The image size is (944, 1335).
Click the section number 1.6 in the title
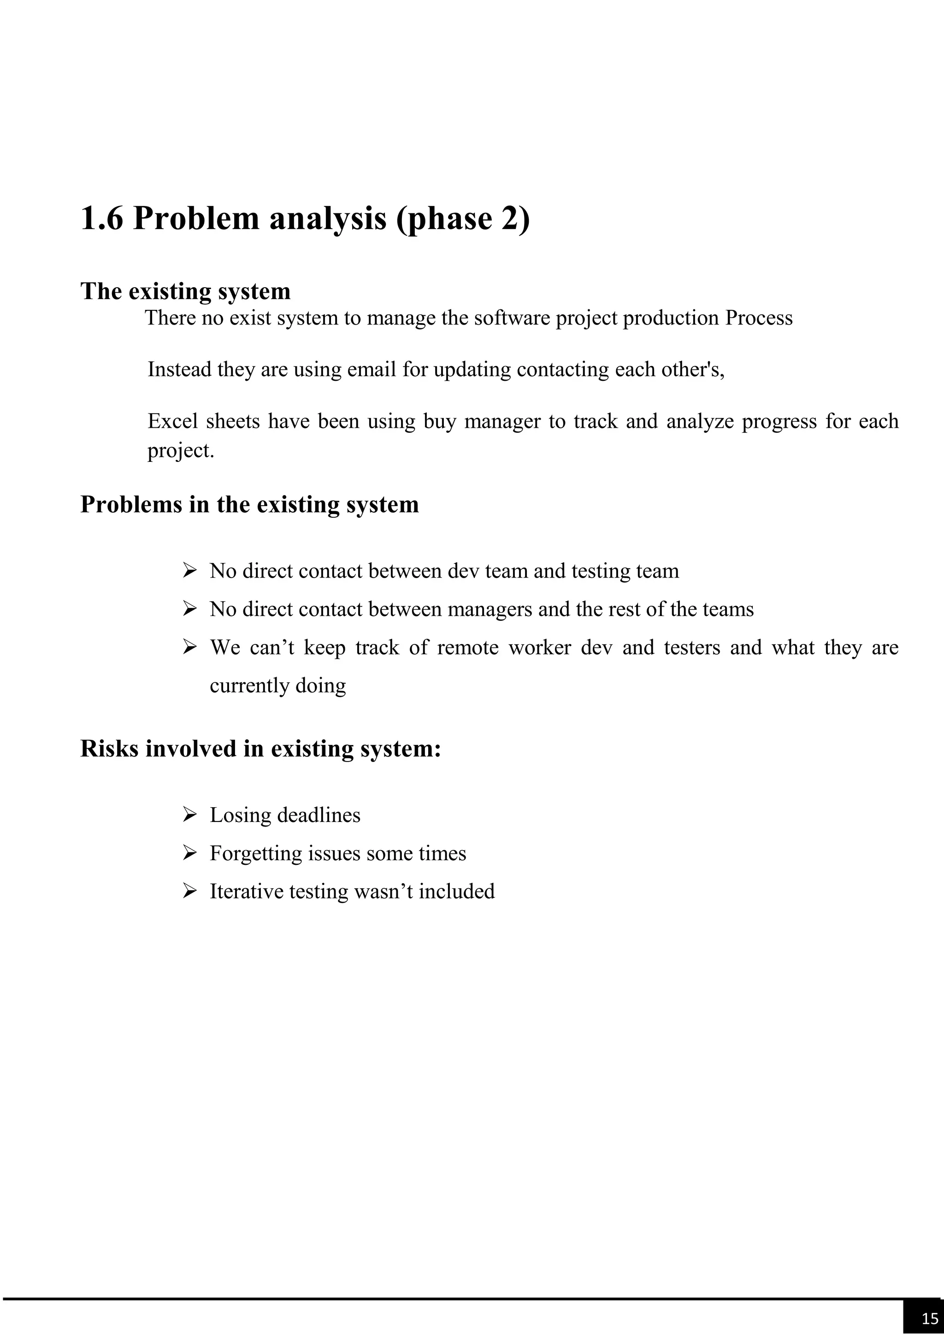click(x=102, y=219)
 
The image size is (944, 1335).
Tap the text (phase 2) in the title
click(x=463, y=219)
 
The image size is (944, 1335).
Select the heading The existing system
click(x=185, y=291)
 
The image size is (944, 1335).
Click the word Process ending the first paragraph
click(x=759, y=318)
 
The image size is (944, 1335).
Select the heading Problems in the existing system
click(x=249, y=504)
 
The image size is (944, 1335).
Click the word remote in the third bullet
click(x=467, y=648)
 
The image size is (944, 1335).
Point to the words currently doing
click(x=277, y=686)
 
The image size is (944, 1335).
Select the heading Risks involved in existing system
click(x=260, y=749)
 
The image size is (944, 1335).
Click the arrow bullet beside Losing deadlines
click(x=189, y=815)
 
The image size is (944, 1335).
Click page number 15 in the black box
click(x=929, y=1318)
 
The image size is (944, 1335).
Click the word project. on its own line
click(x=181, y=451)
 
